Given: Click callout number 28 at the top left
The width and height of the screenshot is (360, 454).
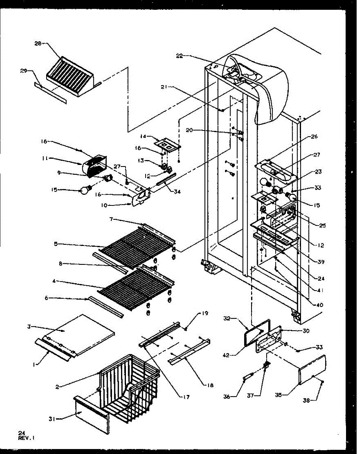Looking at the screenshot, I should tap(38, 43).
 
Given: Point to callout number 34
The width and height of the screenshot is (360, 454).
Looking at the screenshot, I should tap(177, 192).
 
